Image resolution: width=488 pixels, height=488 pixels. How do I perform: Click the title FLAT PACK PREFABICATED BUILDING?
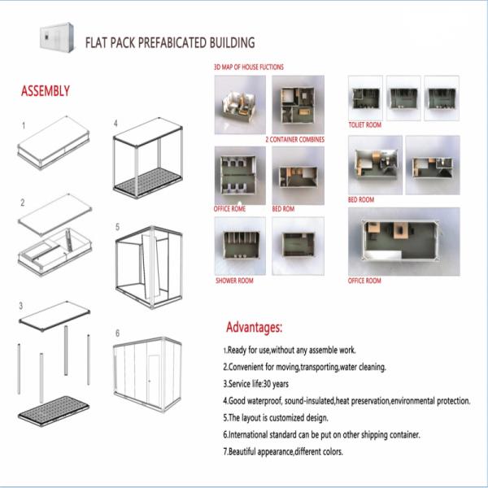pyautogui.click(x=170, y=41)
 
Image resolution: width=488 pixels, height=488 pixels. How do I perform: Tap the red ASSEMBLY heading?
pyautogui.click(x=45, y=90)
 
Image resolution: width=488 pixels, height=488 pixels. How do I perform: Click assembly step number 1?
pyautogui.click(x=24, y=126)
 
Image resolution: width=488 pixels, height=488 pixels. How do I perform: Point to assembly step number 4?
pyautogui.click(x=116, y=124)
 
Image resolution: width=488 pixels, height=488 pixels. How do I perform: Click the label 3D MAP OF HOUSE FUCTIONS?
pyautogui.click(x=248, y=67)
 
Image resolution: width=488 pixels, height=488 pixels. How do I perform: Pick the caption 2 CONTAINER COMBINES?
pyautogui.click(x=294, y=140)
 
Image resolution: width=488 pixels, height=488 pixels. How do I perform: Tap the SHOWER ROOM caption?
pyautogui.click(x=234, y=281)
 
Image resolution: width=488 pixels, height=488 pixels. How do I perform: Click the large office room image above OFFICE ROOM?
pyautogui.click(x=403, y=241)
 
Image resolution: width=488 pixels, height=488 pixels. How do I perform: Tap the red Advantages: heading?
pyautogui.click(x=254, y=328)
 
